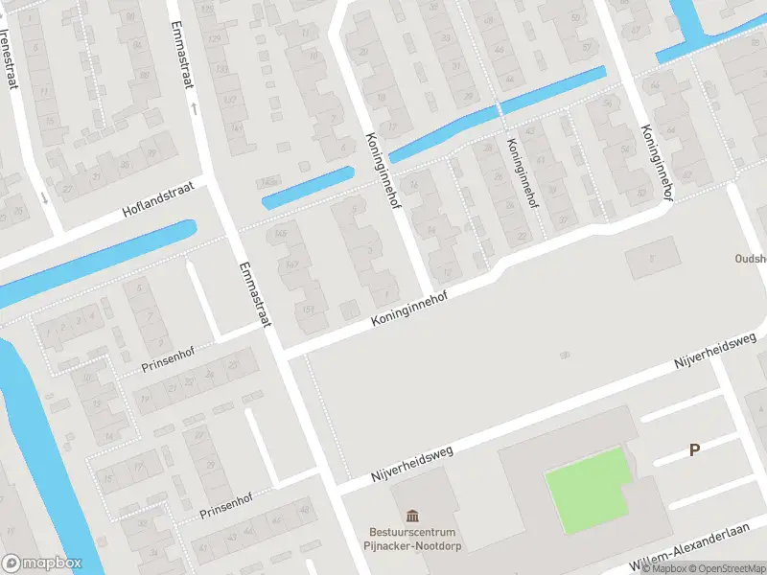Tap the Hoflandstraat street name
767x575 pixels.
(158, 198)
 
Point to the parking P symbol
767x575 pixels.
(695, 449)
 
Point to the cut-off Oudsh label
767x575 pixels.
(749, 258)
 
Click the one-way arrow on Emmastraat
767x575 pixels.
(194, 108)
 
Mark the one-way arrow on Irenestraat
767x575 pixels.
(44, 197)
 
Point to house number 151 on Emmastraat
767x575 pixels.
(308, 309)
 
